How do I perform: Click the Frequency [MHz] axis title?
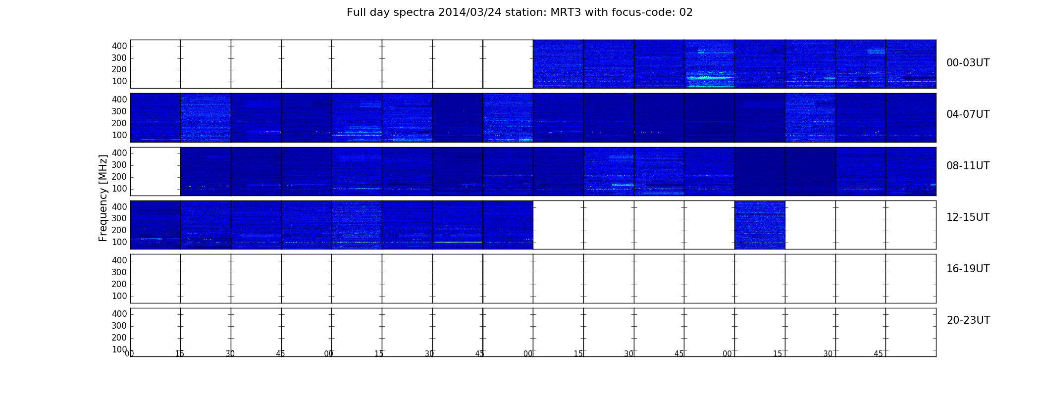[x=103, y=198]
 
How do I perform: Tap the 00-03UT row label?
[x=968, y=63]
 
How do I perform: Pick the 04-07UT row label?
[x=968, y=114]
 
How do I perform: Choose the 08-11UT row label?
[x=968, y=166]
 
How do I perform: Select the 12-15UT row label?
[x=968, y=217]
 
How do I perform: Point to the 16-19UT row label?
[x=968, y=269]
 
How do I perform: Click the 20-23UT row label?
[x=968, y=320]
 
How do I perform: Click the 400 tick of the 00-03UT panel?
[x=119, y=46]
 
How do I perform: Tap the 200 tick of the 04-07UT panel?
[x=119, y=123]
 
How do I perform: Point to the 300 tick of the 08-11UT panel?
[x=119, y=165]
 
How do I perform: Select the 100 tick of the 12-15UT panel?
[x=119, y=242]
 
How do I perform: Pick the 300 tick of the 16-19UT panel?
[x=119, y=272]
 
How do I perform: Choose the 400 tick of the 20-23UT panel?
[x=119, y=314]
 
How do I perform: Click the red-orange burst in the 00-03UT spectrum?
[x=693, y=78]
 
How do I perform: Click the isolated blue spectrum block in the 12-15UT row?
[x=760, y=225]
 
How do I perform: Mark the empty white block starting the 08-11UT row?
[x=156, y=171]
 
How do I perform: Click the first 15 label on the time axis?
[x=180, y=354]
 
